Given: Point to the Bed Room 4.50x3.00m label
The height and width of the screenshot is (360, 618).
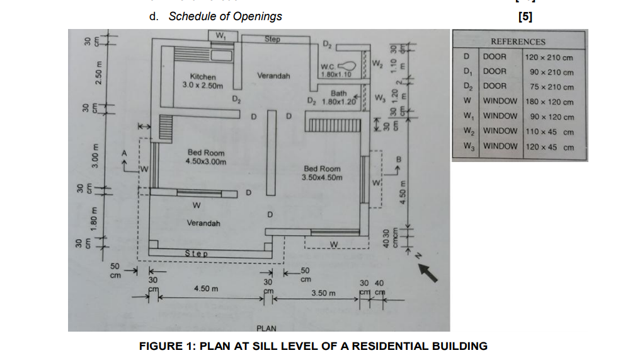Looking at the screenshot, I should [205, 157].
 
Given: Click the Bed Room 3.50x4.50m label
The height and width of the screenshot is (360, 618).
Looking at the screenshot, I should [322, 173].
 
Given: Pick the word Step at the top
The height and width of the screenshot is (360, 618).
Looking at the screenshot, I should [272, 39].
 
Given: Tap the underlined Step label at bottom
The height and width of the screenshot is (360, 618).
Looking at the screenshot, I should [195, 253].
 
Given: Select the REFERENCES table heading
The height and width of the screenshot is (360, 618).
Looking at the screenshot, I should [518, 42].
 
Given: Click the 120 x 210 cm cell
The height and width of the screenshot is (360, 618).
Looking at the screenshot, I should [549, 57].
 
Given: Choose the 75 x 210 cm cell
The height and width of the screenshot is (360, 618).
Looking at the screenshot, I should [551, 87].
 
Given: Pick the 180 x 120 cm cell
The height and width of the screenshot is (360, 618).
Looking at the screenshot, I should [549, 102].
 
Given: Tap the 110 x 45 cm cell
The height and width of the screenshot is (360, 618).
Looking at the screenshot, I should [549, 132].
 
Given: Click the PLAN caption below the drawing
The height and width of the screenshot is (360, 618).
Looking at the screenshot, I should [266, 328].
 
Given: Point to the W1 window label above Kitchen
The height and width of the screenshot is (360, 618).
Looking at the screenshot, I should [222, 35].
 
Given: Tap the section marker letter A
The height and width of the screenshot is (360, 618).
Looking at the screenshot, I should [125, 152].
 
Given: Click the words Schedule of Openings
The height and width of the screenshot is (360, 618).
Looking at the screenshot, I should [225, 16].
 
